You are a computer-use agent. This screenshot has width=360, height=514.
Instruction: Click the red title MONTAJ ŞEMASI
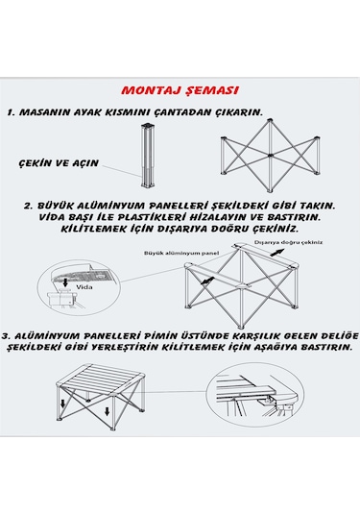[x=180, y=90]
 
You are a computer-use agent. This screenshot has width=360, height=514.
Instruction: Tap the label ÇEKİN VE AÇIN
[x=59, y=163]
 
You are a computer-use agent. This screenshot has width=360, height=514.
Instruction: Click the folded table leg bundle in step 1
[x=149, y=155]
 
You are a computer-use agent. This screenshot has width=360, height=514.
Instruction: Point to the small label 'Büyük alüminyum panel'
[x=181, y=253]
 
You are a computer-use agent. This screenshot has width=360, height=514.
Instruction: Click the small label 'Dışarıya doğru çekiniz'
[x=288, y=242]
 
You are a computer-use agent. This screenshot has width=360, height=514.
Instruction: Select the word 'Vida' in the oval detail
[x=84, y=287]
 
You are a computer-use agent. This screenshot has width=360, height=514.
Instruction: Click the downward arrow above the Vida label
[x=65, y=281]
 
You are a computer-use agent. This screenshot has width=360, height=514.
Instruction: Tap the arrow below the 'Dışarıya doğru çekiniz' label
[x=276, y=253]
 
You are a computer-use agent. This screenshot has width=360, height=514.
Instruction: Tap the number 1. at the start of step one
[x=12, y=112]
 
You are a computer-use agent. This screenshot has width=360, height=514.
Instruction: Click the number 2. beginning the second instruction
[x=29, y=207]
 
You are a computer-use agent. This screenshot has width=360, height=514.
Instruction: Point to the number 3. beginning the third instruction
[x=7, y=336]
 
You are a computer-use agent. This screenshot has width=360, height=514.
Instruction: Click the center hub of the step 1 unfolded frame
[x=270, y=156]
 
